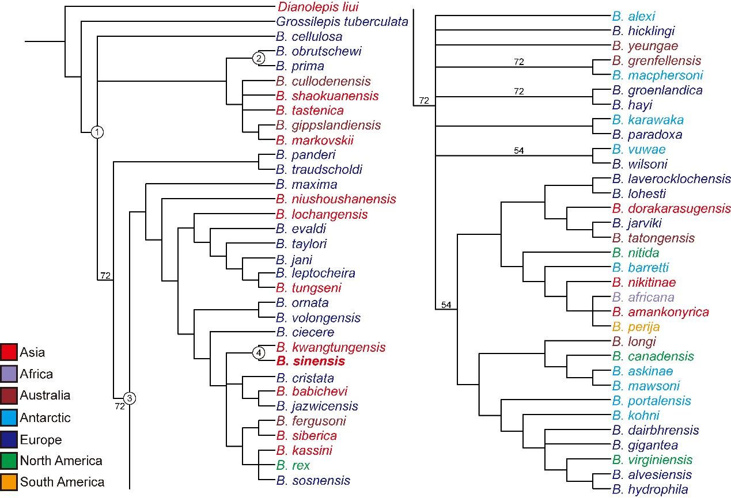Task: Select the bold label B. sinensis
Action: coord(310,362)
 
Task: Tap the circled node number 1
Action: coord(98,132)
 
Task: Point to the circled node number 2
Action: coord(259,58)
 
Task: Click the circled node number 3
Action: coord(130,397)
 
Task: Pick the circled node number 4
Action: coord(259,353)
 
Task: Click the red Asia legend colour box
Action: coord(9,352)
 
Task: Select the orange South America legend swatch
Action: coord(9,482)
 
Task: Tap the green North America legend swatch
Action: coord(9,461)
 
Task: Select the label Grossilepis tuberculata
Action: coord(342,22)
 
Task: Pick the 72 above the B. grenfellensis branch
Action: coord(518,62)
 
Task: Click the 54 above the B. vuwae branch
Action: coord(518,150)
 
